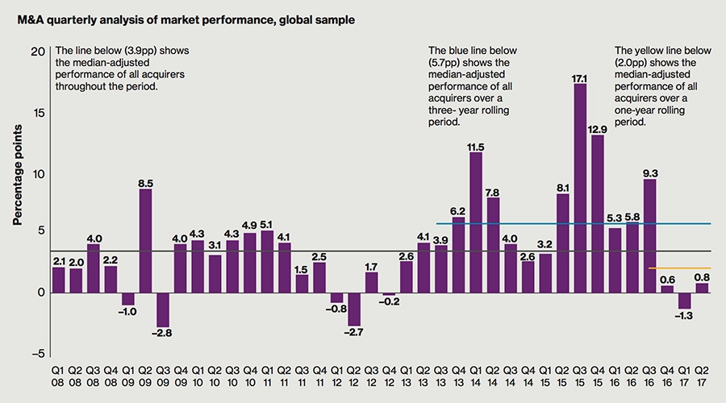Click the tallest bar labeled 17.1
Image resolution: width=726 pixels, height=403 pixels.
click(579, 187)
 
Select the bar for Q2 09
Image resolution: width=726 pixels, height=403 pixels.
click(145, 240)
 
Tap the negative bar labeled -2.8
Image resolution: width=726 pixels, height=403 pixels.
click(163, 309)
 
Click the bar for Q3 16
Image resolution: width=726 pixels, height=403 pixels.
click(649, 235)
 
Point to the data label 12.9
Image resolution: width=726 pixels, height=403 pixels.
click(597, 129)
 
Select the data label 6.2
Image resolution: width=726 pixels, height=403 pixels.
click(458, 210)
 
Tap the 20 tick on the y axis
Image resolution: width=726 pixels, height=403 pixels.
click(37, 51)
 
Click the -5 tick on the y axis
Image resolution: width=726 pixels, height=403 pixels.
click(37, 353)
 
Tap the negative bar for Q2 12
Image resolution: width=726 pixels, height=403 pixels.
click(354, 308)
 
